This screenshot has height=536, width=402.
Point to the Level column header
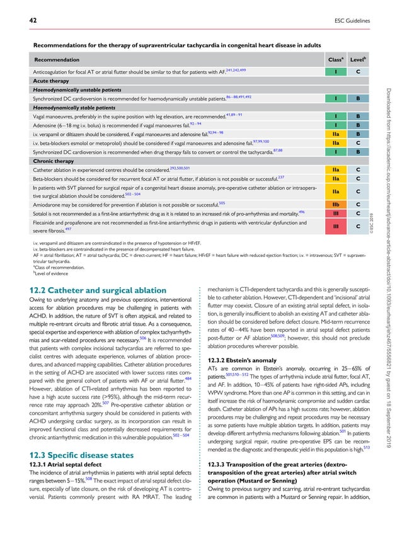[x=358, y=59]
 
